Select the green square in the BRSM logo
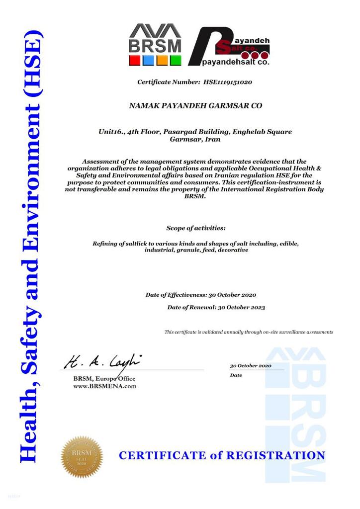pos(176,61)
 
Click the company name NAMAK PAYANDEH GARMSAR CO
pos(195,106)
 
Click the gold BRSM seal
pos(82,456)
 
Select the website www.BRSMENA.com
pos(105,386)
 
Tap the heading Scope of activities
pos(195,228)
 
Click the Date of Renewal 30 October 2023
pos(216,307)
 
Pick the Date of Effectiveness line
pos(201,295)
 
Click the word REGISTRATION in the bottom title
pos(276,455)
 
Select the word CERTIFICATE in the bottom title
pos(162,455)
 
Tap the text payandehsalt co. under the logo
pos(236,63)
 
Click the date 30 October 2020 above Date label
pos(250,366)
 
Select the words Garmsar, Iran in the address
pos(195,140)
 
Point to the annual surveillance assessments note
pos(249,332)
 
